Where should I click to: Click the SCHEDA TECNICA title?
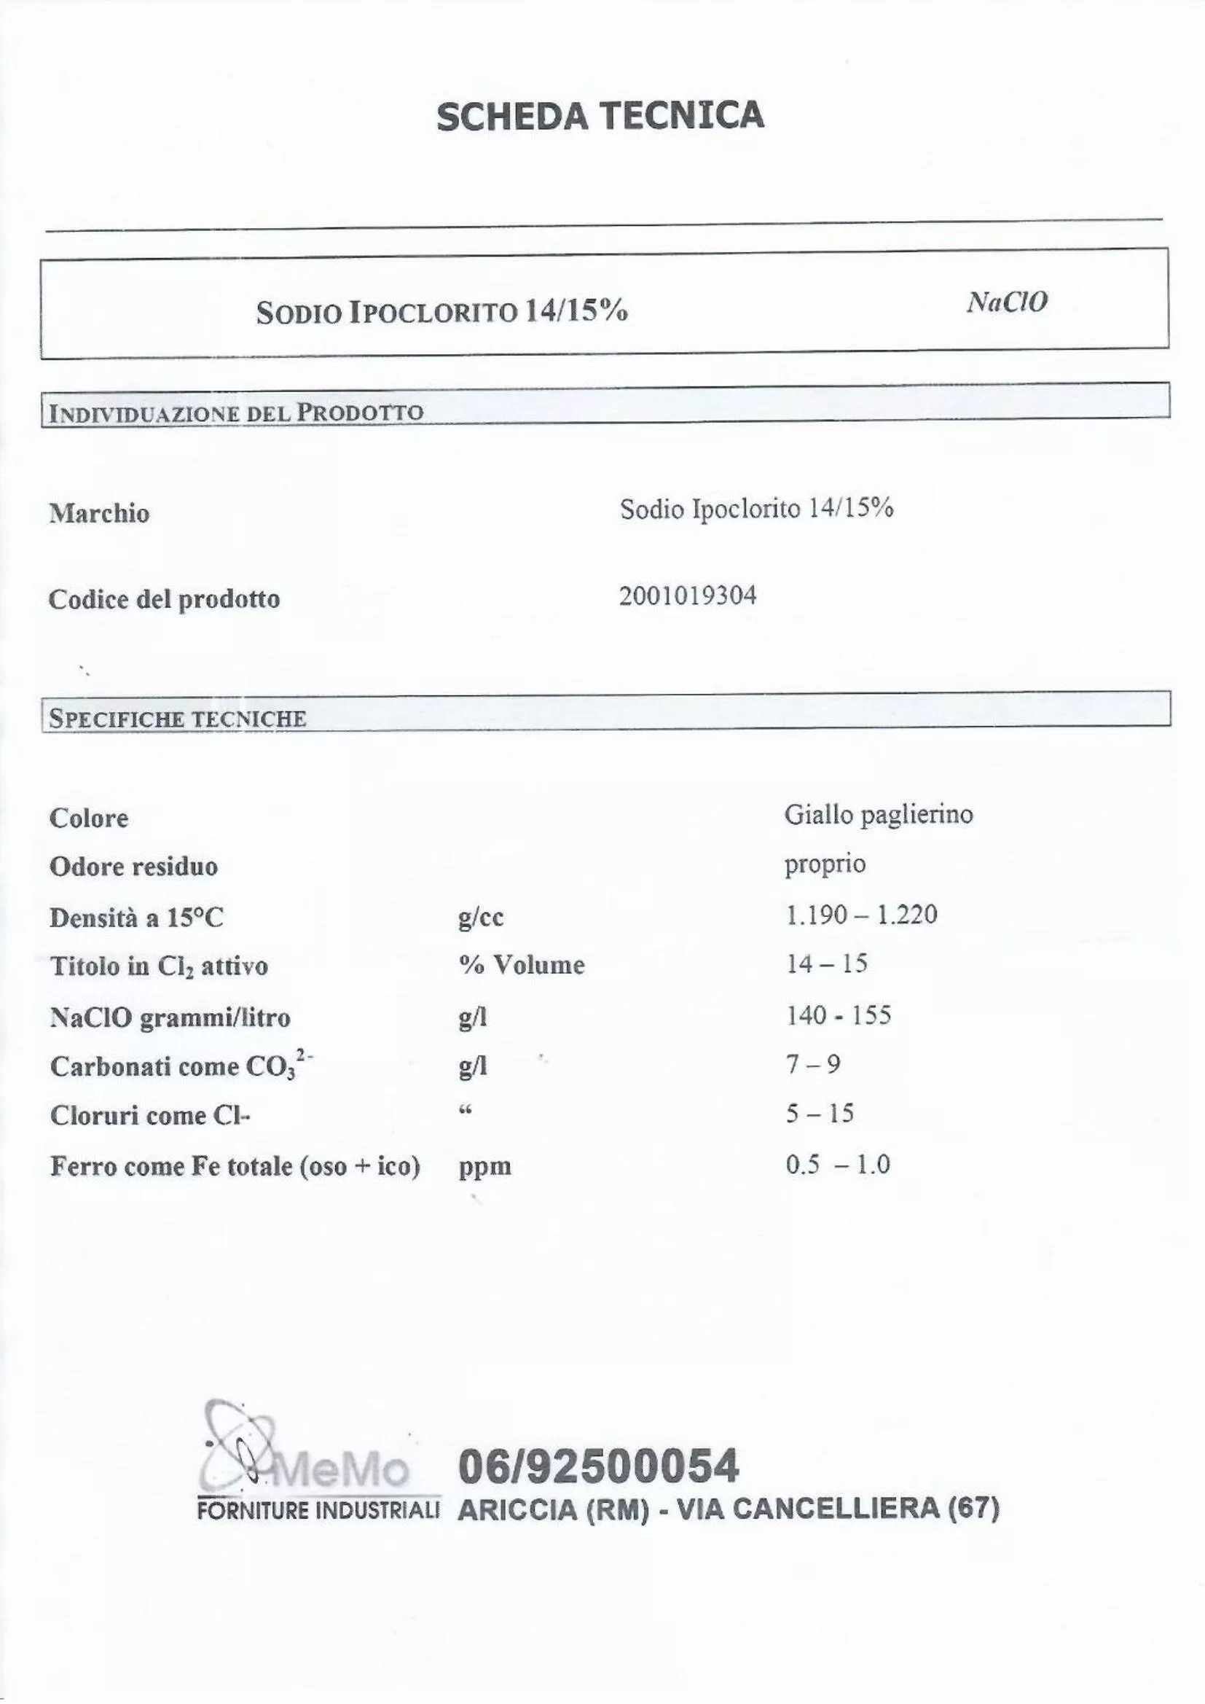[x=600, y=117]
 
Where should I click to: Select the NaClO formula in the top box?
[x=1007, y=302]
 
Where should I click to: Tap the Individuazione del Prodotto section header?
[x=236, y=412]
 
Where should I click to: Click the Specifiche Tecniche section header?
[x=177, y=719]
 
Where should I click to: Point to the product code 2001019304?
[x=688, y=596]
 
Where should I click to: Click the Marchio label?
[x=99, y=513]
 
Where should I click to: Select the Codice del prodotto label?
[x=164, y=599]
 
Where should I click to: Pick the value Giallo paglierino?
[x=879, y=815]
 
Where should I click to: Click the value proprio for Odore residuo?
[x=825, y=864]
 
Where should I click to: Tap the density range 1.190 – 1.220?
[x=861, y=915]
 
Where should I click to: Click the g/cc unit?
[x=481, y=918]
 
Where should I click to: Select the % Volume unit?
[x=522, y=965]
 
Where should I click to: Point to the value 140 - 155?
[x=839, y=1015]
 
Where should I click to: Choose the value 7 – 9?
[x=813, y=1065]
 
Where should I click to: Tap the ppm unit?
[x=485, y=1166]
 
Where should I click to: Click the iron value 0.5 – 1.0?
[x=838, y=1164]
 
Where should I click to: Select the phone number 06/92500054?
[x=599, y=1466]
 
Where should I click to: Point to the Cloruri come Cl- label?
[x=150, y=1115]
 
